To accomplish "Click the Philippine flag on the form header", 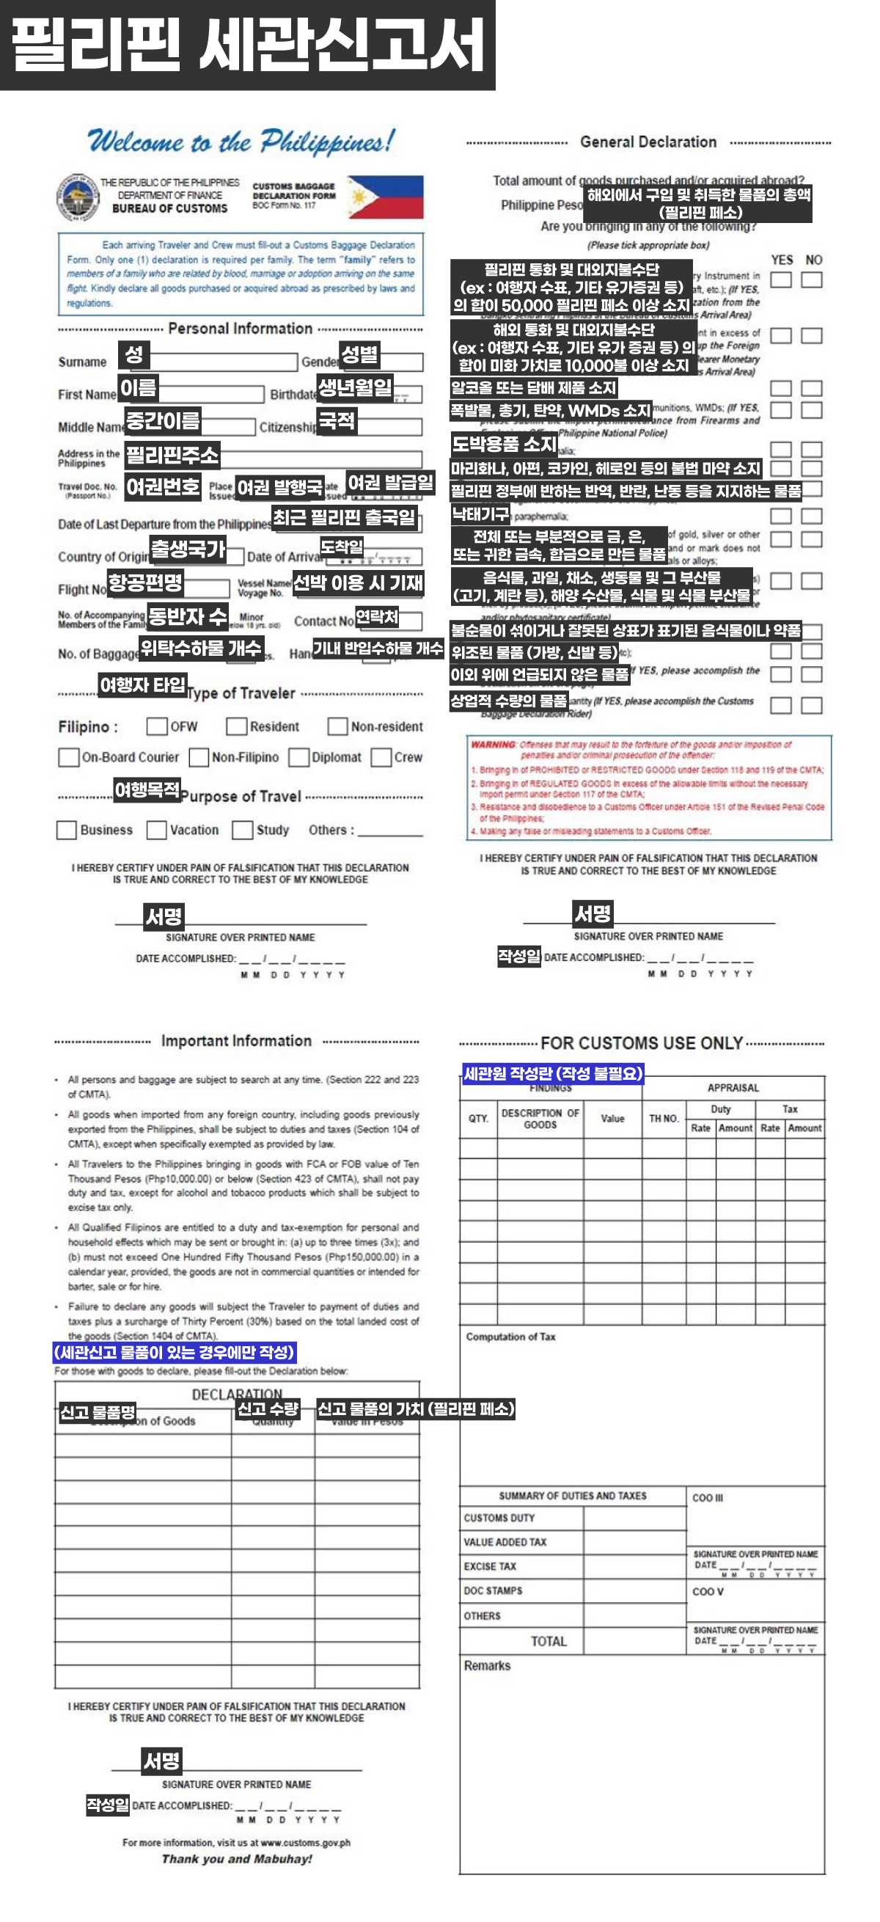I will (385, 197).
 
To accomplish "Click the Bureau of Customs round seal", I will (78, 198).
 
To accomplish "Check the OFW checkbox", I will (157, 726).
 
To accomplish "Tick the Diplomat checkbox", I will (299, 757).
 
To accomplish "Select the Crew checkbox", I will (381, 757).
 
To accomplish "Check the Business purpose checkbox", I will (67, 830).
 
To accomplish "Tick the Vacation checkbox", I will (157, 830).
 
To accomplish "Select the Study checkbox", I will (243, 830).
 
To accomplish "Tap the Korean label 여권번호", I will (163, 487).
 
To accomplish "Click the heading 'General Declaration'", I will (648, 142).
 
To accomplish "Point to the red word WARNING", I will (493, 745).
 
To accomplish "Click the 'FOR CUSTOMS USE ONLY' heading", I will (642, 1043).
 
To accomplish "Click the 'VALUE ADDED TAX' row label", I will (505, 1542).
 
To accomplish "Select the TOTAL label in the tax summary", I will (548, 1642).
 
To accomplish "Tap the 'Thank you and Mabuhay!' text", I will (236, 1859).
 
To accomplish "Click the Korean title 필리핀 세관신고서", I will (248, 45).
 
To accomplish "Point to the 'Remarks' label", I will (487, 1665).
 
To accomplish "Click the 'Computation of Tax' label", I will (511, 1337).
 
